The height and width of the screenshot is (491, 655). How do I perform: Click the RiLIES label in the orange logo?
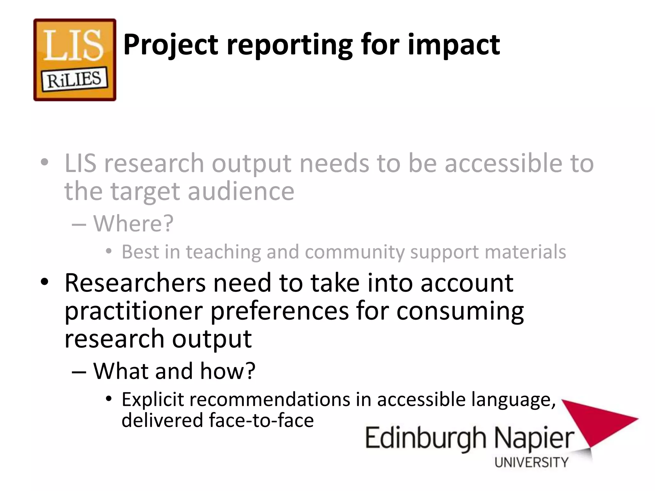coord(75,79)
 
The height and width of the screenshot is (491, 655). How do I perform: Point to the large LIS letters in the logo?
coord(74,45)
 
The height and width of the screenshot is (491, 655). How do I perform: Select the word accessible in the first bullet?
coord(503,163)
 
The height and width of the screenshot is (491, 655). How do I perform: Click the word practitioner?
coord(134,311)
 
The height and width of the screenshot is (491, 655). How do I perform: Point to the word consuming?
coord(460,311)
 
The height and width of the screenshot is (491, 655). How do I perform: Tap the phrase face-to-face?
coord(261,420)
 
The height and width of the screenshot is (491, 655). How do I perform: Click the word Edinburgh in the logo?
coord(425,439)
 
